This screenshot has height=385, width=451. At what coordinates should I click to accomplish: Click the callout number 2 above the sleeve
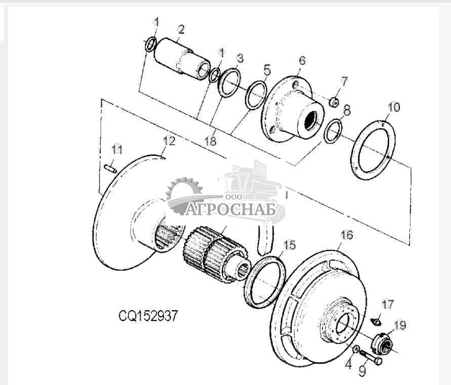pos(181,29)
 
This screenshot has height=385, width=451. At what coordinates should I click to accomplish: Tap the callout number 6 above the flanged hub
pos(302,61)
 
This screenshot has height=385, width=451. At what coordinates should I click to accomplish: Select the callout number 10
pos(394,107)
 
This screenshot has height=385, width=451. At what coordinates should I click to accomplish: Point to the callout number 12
pos(169,141)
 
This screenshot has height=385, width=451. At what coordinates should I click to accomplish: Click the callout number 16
pos(347,235)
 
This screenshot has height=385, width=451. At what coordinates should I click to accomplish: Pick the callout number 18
pos(210,141)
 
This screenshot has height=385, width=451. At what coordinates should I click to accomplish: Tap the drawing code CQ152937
pos(148,316)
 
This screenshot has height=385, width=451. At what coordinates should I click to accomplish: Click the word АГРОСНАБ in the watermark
pos(230,209)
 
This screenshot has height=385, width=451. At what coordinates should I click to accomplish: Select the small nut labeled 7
pos(334,102)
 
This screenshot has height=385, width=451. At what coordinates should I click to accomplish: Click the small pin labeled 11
pos(110,168)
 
